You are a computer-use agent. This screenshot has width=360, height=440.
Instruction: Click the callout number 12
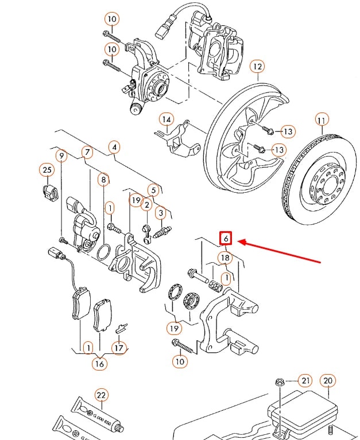tap(257, 67)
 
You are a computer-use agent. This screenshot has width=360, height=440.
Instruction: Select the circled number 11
tap(322, 120)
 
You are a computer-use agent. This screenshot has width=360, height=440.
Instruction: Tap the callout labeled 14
tap(167, 120)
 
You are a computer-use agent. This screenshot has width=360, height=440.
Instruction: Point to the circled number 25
tap(47, 170)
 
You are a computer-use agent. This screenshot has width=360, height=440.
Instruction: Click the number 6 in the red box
tap(226, 238)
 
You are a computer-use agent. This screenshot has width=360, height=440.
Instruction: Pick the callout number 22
tap(101, 395)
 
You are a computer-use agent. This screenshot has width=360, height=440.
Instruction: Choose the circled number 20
tap(328, 380)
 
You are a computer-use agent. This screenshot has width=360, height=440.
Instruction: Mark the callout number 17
tap(119, 348)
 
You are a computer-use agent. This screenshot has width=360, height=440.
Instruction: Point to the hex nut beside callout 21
tap(281, 381)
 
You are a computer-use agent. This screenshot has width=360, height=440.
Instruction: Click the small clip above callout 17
tap(121, 328)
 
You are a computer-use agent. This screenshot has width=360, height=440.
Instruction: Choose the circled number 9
tap(60, 155)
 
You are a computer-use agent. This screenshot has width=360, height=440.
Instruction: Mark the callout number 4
tap(115, 147)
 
